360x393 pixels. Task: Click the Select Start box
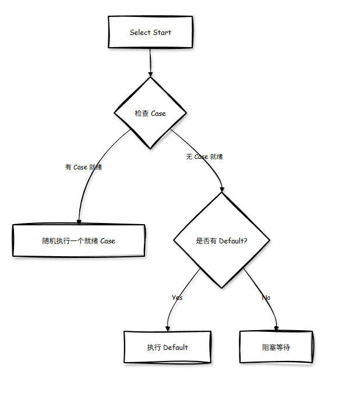(150, 33)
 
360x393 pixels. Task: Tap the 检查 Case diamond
(150, 114)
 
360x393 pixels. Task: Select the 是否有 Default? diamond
(221, 240)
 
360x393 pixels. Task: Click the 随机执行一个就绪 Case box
(79, 240)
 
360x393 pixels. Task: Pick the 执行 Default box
(167, 348)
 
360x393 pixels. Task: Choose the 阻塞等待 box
(276, 348)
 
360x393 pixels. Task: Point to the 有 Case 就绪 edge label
(84, 167)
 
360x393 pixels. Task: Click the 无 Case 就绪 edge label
(204, 157)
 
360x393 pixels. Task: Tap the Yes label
(177, 298)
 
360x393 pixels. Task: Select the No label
(266, 298)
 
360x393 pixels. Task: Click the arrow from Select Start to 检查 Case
(150, 61)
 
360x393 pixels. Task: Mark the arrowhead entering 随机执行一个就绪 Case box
(79, 221)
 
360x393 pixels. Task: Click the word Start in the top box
(162, 33)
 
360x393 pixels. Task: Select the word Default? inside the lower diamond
(233, 240)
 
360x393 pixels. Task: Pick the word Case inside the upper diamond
(158, 114)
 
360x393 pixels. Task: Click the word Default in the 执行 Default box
(175, 348)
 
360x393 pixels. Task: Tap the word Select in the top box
(140, 33)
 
